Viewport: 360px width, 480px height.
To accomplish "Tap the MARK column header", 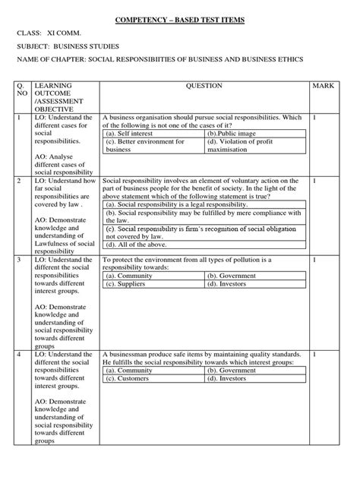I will click(x=323, y=87).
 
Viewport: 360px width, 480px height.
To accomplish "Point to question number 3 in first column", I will click(x=17, y=260).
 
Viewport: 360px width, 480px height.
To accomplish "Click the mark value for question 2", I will click(x=314, y=182).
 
